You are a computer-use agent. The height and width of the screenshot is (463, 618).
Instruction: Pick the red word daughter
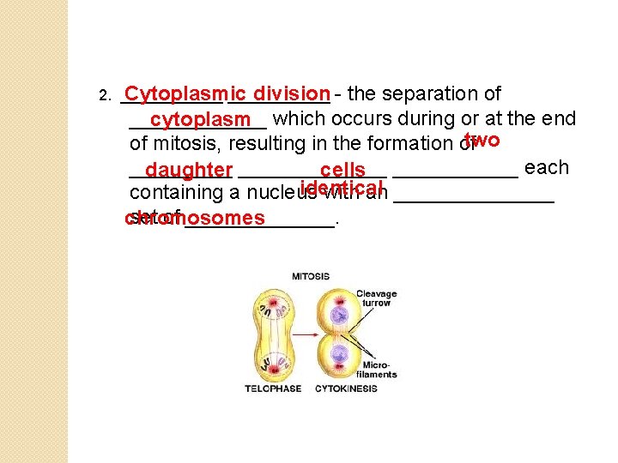click(x=189, y=171)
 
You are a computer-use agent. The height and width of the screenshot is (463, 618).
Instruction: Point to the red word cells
click(x=342, y=171)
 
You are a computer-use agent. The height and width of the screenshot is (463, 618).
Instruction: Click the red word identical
click(x=342, y=188)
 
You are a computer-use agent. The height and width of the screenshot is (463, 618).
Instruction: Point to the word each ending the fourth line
click(x=546, y=167)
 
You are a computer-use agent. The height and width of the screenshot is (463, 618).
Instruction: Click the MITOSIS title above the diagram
click(x=311, y=276)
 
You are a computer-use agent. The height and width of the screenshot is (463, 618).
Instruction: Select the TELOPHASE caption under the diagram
click(x=273, y=388)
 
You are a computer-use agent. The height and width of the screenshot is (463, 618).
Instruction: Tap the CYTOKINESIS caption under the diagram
click(x=346, y=388)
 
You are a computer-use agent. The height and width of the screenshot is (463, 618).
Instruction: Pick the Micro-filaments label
click(x=378, y=369)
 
